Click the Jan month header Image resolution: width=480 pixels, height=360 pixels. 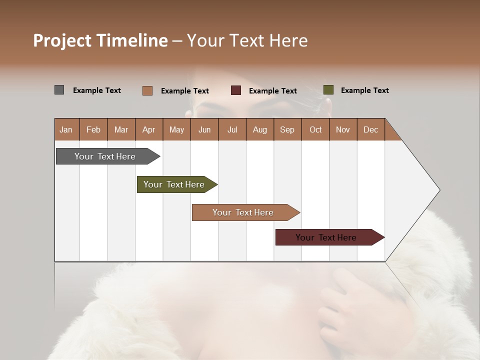click(66, 129)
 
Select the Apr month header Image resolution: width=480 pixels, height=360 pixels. click(148, 129)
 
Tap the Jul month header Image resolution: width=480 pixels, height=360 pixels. click(232, 129)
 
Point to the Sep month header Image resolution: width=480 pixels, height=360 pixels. click(287, 129)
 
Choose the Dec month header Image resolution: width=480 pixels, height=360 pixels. click(370, 129)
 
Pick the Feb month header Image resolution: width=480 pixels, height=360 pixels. click(93, 129)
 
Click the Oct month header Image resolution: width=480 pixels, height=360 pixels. click(315, 129)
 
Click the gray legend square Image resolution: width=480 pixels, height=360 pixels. click(59, 90)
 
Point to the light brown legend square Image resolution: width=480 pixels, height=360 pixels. click(147, 90)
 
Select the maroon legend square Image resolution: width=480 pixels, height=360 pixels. click(236, 90)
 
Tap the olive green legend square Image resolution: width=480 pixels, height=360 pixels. click(328, 90)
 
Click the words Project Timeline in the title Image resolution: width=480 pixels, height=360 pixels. click(100, 40)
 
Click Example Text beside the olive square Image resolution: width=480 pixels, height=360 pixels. click(364, 90)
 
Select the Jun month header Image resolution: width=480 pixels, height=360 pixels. click(204, 129)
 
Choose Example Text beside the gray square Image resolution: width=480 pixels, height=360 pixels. click(97, 90)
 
